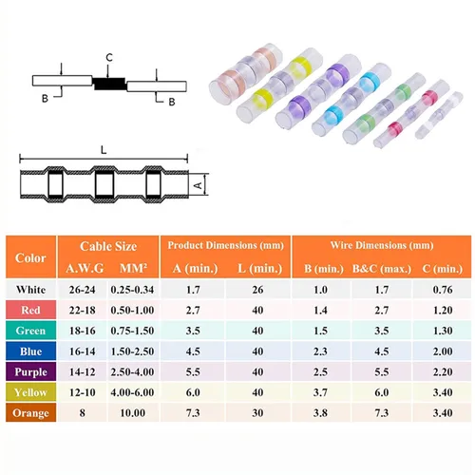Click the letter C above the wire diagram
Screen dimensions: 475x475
point(109,58)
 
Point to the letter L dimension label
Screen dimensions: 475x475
point(102,149)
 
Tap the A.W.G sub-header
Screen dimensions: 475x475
point(85,269)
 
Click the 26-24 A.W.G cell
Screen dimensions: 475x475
point(85,290)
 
